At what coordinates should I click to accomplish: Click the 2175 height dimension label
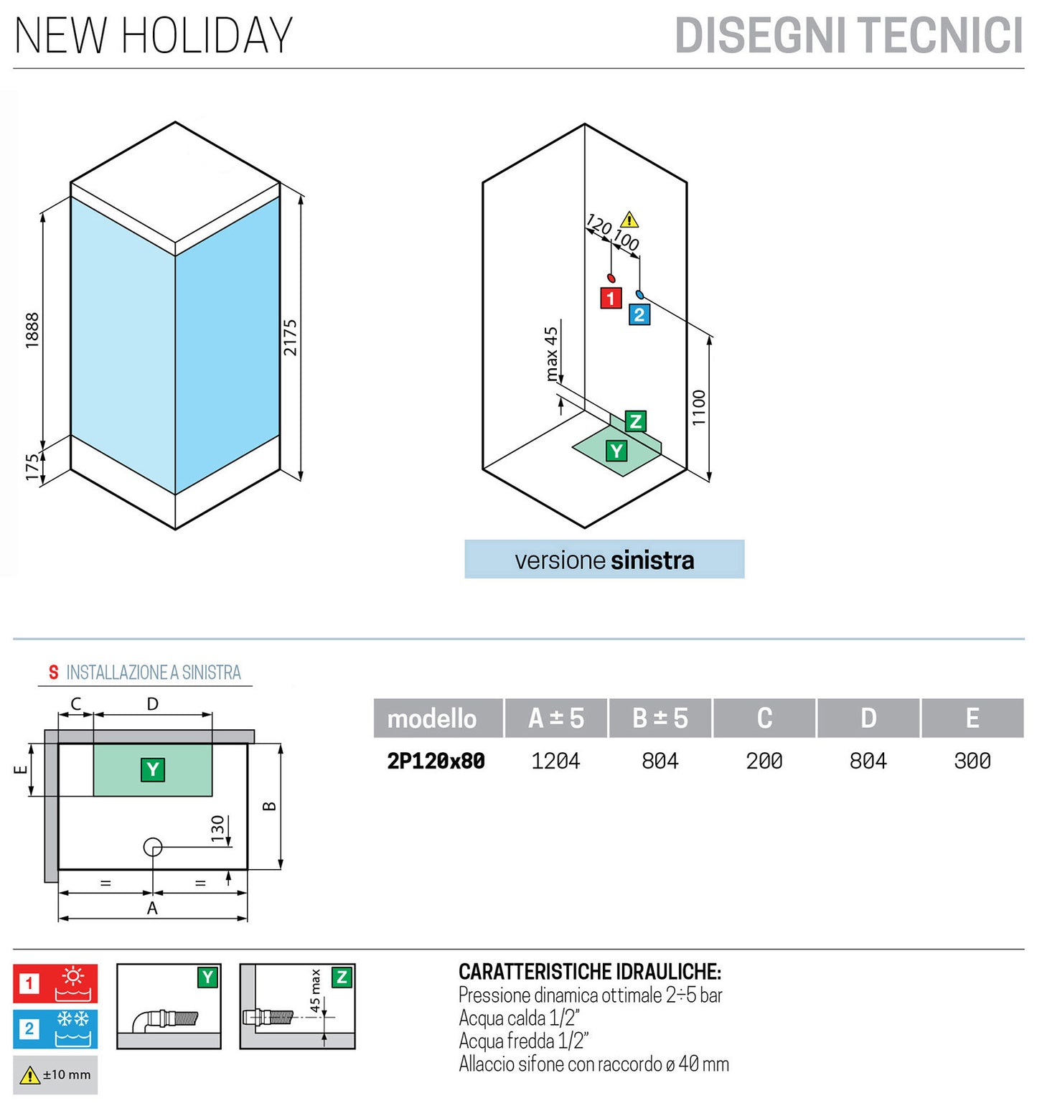(289, 337)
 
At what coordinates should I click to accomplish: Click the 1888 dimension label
(32, 330)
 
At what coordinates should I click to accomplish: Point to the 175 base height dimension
(32, 467)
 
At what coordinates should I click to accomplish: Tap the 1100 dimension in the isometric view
(699, 408)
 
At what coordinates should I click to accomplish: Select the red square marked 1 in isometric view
(611, 298)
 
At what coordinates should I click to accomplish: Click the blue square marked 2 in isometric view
(639, 314)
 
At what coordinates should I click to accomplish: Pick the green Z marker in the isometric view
(635, 421)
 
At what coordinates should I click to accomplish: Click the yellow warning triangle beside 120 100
(629, 220)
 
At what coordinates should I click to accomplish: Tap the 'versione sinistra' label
(604, 560)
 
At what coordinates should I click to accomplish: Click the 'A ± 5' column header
(556, 718)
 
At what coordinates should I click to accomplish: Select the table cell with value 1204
(556, 761)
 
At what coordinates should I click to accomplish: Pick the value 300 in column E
(972, 761)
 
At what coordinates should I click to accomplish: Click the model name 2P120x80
(436, 761)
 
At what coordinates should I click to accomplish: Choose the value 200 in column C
(764, 761)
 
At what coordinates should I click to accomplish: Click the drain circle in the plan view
(153, 847)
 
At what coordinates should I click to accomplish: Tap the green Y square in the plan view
(153, 770)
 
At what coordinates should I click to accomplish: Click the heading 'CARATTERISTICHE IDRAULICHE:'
(590, 972)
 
